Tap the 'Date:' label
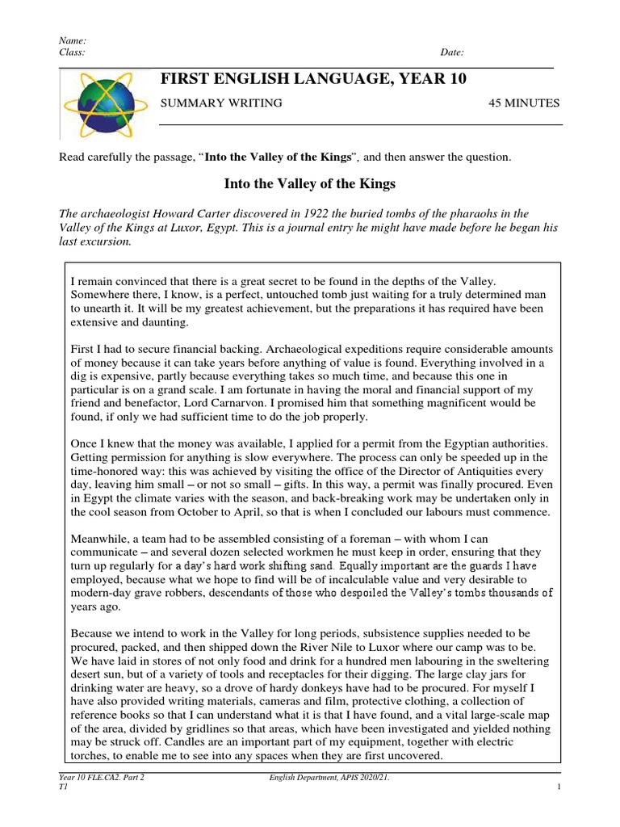coord(452,52)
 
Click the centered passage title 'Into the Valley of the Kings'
coord(309,184)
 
